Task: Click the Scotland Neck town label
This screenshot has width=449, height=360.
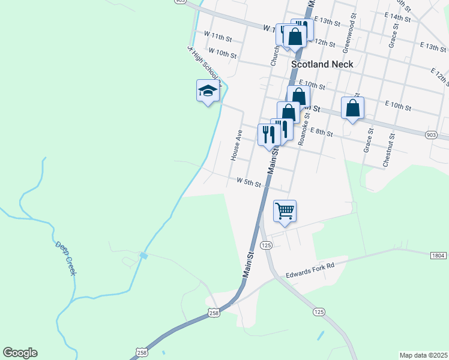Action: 321,63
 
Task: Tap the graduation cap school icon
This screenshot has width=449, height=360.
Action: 208,91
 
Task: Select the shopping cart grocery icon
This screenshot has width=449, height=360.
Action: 285,211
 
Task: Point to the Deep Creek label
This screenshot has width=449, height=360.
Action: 66,259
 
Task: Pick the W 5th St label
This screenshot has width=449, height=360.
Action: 249,181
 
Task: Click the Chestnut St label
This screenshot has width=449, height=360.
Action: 390,150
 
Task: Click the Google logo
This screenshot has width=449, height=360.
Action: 20,353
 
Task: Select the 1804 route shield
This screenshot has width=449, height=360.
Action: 438,256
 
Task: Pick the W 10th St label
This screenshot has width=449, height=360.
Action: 221,54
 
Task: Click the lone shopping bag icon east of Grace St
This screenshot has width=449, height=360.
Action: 353,108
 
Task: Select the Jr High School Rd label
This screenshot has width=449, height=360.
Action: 204,63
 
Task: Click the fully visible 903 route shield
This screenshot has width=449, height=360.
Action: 430,136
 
